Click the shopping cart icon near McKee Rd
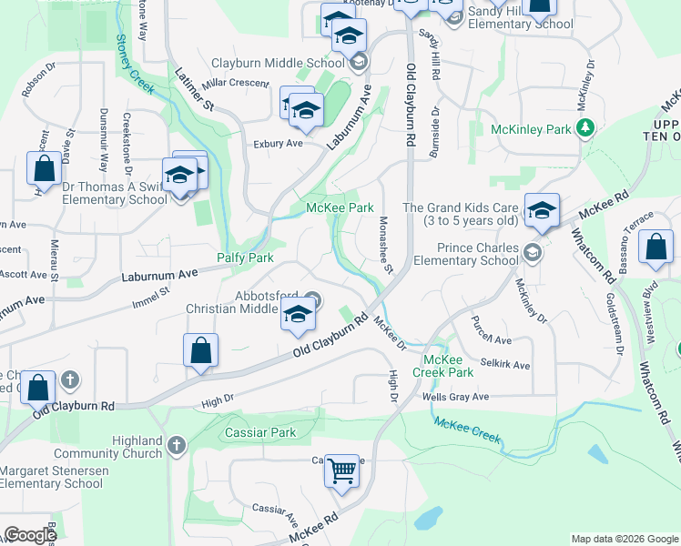point(342,471)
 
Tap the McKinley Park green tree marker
point(588,128)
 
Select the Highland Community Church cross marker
point(177,446)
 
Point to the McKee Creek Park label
point(443,366)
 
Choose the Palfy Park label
point(245,258)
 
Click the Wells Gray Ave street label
point(455,397)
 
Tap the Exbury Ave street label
point(278,144)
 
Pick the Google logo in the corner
point(30,535)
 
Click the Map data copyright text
point(624,539)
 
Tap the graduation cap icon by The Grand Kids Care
point(542,210)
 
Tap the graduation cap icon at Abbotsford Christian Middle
point(298,315)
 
